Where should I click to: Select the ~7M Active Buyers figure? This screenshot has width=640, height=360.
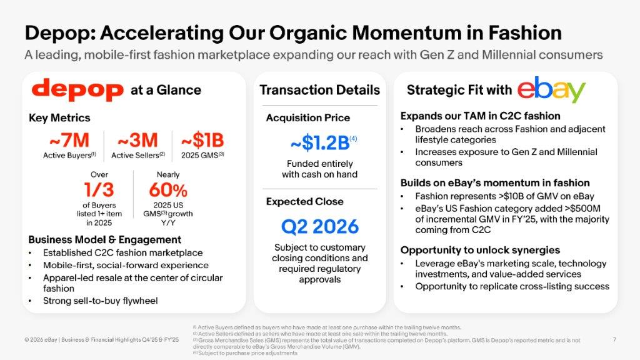click(x=68, y=140)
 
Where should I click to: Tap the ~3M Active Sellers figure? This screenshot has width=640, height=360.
click(x=137, y=140)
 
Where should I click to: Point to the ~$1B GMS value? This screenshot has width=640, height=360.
click(x=202, y=140)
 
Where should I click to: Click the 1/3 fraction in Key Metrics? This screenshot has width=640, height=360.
click(x=99, y=189)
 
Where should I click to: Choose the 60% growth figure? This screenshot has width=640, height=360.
click(x=167, y=189)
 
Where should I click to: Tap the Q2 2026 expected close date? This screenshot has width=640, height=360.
click(x=319, y=225)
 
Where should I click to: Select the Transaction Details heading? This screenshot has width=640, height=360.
click(x=319, y=90)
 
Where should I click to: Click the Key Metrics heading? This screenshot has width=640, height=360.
click(x=59, y=117)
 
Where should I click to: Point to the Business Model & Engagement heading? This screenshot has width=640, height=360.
click(x=105, y=239)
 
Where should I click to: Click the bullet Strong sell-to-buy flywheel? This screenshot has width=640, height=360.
click(x=100, y=301)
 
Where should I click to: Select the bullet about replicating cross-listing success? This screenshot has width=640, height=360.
click(x=512, y=286)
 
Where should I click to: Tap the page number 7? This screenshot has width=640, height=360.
click(x=614, y=339)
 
